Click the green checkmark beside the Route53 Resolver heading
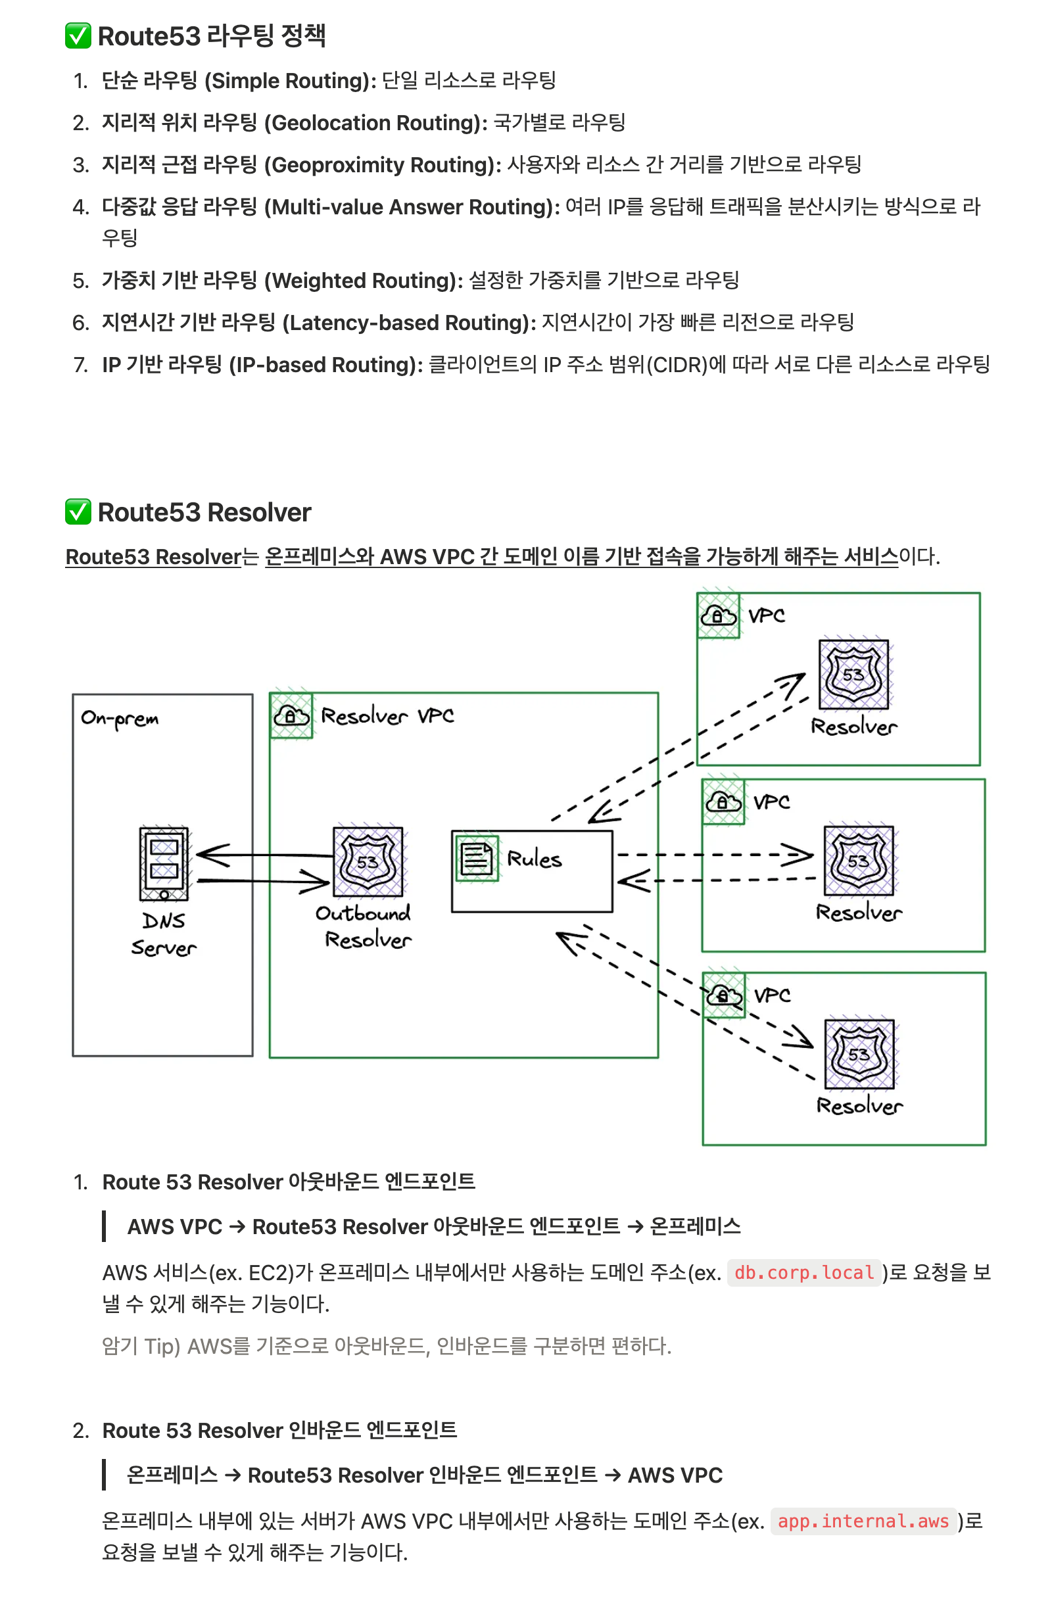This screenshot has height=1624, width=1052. (78, 511)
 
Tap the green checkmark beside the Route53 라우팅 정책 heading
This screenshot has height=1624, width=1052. (78, 36)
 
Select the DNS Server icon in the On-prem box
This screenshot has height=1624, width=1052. (164, 863)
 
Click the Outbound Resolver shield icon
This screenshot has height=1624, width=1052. (368, 861)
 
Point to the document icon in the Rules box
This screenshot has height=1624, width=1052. (476, 858)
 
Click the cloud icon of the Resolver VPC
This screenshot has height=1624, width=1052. (291, 716)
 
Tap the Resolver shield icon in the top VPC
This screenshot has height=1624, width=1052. (853, 674)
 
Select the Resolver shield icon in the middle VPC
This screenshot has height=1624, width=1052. (858, 861)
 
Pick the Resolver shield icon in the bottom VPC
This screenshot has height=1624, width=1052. (859, 1053)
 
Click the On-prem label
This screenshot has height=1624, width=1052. (120, 719)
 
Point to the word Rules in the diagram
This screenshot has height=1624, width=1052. (534, 859)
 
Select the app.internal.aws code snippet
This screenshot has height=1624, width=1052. (863, 1521)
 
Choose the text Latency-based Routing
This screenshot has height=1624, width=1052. (409, 323)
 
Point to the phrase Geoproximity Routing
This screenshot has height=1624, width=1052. (382, 165)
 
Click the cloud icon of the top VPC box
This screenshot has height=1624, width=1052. (719, 615)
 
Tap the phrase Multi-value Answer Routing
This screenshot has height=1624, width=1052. (412, 207)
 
